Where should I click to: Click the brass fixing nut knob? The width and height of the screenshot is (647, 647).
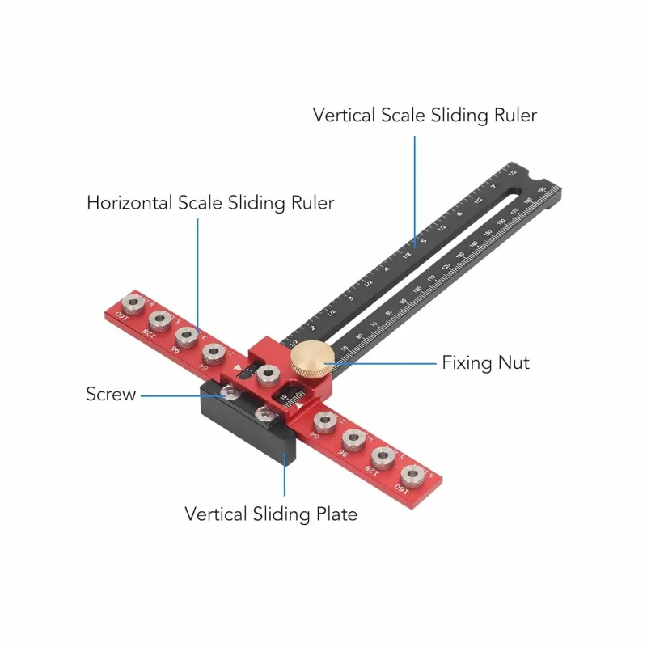pyautogui.click(x=311, y=361)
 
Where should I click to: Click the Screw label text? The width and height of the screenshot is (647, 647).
pyautogui.click(x=111, y=395)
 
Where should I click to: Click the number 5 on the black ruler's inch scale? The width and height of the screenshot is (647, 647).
pyautogui.click(x=422, y=241)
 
